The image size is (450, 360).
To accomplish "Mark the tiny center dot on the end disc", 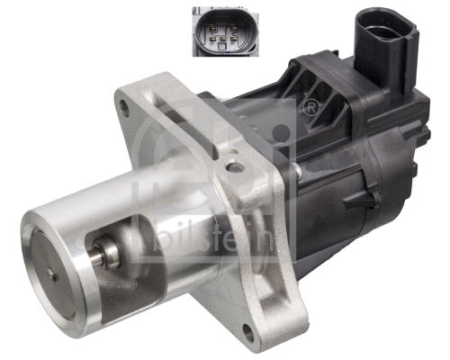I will pos(53,266).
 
